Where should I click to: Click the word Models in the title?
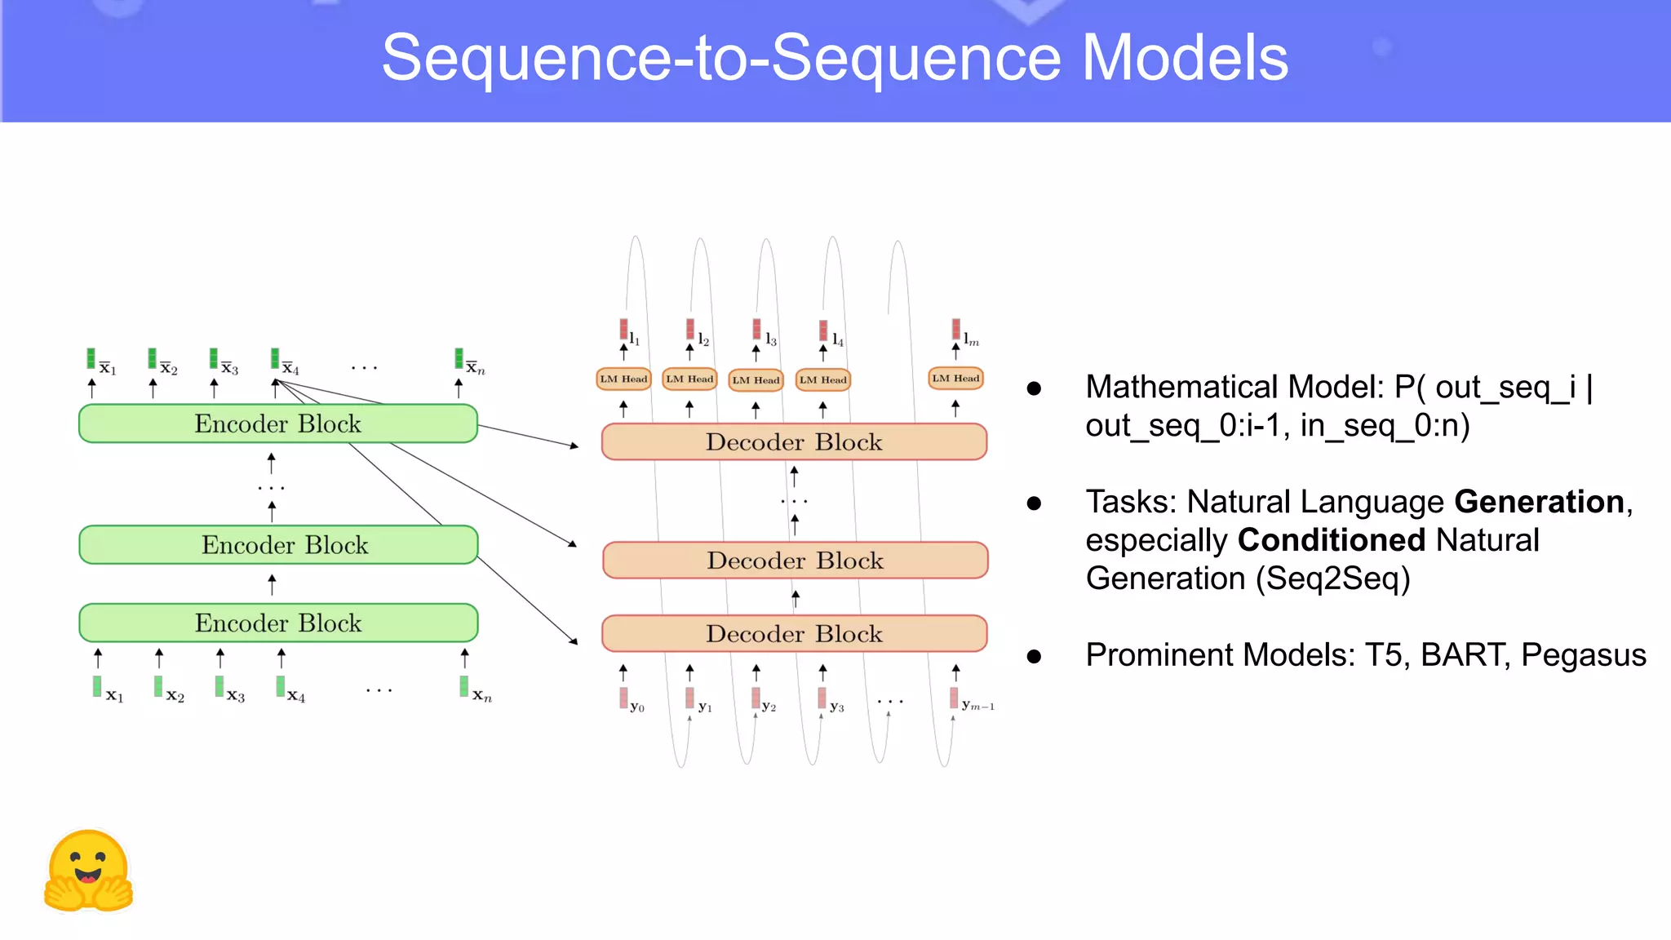click(x=1184, y=59)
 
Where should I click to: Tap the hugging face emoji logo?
click(x=88, y=871)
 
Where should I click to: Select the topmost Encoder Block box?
click(x=277, y=423)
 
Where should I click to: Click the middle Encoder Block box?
click(x=277, y=544)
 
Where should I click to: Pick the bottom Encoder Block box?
click(x=277, y=623)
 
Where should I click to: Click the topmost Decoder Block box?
click(x=794, y=441)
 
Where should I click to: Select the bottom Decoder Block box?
click(x=794, y=633)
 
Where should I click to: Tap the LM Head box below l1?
click(x=623, y=379)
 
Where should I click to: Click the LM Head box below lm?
click(x=955, y=379)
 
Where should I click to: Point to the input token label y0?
click(x=637, y=707)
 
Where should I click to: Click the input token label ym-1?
click(x=977, y=706)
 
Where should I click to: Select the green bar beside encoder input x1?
click(x=97, y=686)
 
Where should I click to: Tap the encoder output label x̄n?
click(x=475, y=369)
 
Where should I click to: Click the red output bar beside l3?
click(x=756, y=329)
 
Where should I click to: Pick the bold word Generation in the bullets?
click(x=1539, y=502)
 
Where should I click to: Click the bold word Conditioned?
click(x=1331, y=540)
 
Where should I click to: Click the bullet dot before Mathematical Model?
click(x=1034, y=388)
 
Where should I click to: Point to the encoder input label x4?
click(x=295, y=696)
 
